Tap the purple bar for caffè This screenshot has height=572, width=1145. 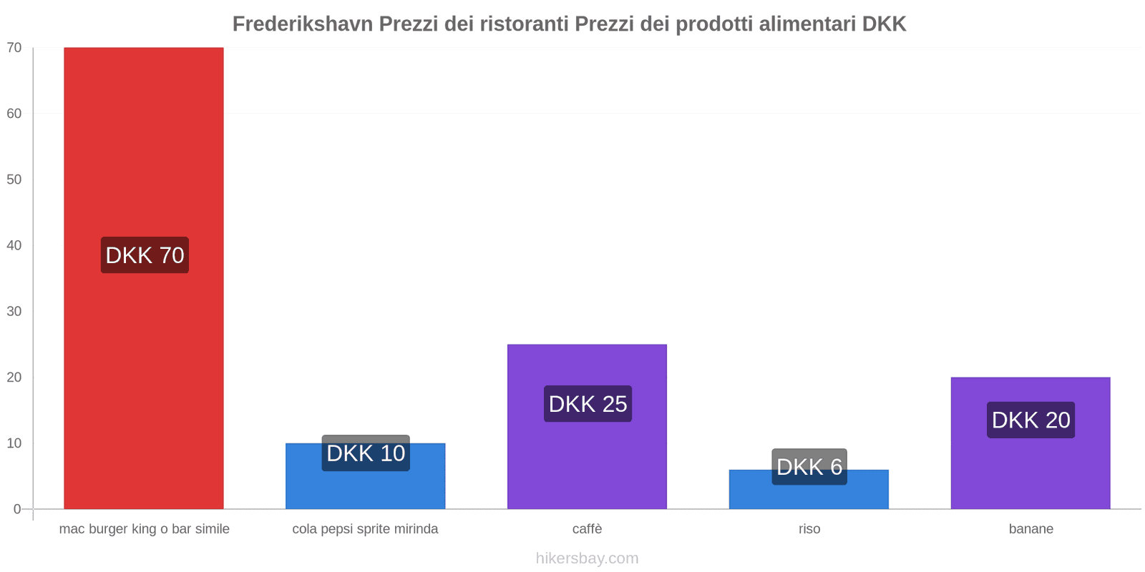pyautogui.click(x=587, y=465)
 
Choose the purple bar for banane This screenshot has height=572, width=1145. pyautogui.click(x=1030, y=472)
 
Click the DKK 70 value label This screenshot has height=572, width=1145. pyautogui.click(x=145, y=255)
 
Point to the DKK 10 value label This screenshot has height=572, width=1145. pyautogui.click(x=366, y=453)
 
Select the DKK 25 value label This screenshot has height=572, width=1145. pyautogui.click(x=588, y=404)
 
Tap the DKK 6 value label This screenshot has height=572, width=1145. pyautogui.click(x=809, y=467)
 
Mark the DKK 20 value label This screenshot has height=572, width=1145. pyautogui.click(x=1030, y=420)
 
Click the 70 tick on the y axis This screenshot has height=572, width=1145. pyautogui.click(x=14, y=48)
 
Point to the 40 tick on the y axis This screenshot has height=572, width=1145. pyautogui.click(x=14, y=245)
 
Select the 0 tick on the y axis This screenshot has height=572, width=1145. pyautogui.click(x=17, y=509)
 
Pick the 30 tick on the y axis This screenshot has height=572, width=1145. pyautogui.click(x=14, y=311)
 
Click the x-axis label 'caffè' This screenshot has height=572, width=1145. pyautogui.click(x=587, y=529)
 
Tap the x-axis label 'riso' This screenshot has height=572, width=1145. pyautogui.click(x=809, y=529)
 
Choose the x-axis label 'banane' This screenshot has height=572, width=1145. pyautogui.click(x=1030, y=529)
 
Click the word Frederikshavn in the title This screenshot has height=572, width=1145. pyautogui.click(x=303, y=24)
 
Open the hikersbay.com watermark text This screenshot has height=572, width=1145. pyautogui.click(x=587, y=558)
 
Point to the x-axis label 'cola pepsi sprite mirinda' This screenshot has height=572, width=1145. pyautogui.click(x=365, y=529)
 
